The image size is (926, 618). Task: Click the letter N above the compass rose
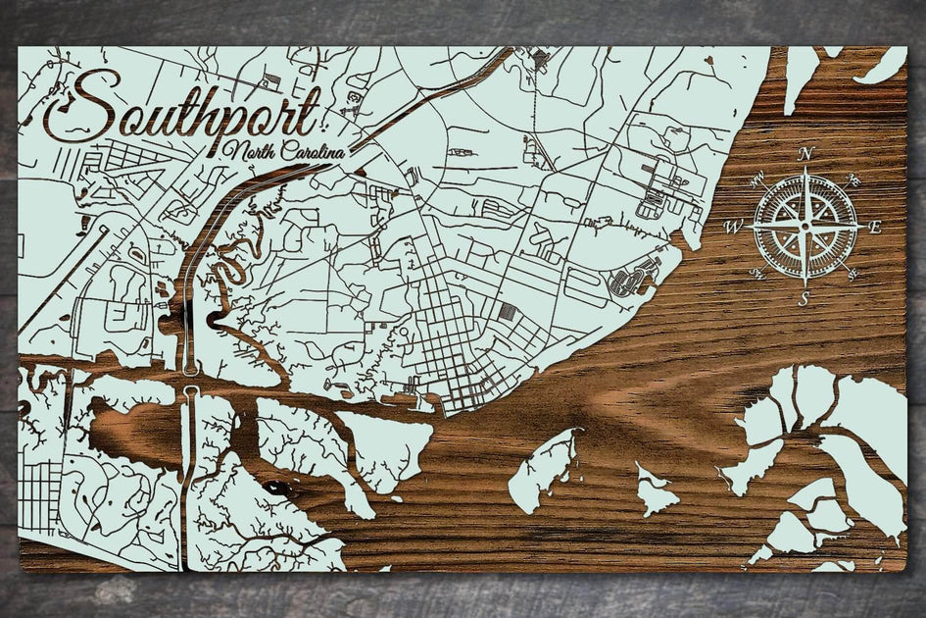[805, 153]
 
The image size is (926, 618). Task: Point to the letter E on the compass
[876, 227]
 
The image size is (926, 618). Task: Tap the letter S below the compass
[804, 300]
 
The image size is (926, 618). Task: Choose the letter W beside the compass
[732, 227]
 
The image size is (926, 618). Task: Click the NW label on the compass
[759, 180]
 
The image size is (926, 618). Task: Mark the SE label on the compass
[851, 273]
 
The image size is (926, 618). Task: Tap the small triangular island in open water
[655, 491]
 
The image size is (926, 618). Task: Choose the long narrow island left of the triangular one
[545, 472]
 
